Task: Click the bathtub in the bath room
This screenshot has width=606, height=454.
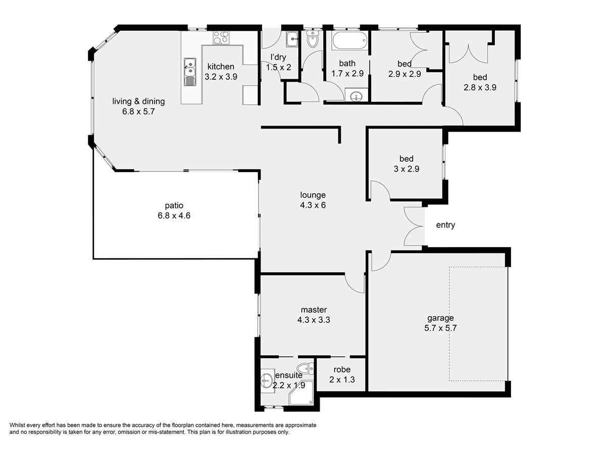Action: (350, 40)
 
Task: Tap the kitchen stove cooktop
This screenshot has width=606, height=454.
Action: (221, 37)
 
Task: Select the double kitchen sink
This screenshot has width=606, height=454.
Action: (190, 72)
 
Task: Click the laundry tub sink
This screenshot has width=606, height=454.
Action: (292, 39)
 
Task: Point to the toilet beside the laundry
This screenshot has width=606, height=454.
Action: (312, 39)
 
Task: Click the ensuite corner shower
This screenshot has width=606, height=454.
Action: (301, 393)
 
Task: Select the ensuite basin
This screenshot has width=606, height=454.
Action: (267, 380)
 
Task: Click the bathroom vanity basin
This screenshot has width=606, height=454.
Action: (357, 96)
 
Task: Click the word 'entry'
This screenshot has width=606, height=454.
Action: (445, 225)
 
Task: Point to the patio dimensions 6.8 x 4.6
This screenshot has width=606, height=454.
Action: (174, 215)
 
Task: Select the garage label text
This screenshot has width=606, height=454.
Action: (440, 318)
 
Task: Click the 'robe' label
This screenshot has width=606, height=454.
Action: (342, 369)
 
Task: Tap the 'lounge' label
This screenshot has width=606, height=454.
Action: (313, 195)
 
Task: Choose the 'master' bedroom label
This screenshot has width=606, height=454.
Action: (314, 310)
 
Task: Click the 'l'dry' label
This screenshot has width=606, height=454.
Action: (278, 58)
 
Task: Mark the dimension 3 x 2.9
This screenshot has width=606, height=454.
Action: (406, 169)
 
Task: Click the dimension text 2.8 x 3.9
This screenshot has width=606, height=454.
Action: (480, 88)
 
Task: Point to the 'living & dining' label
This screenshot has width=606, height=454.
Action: (138, 102)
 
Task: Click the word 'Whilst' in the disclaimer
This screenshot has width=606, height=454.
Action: (17, 425)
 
